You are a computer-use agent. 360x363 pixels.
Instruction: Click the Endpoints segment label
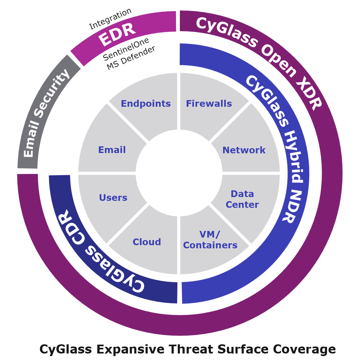click(x=146, y=104)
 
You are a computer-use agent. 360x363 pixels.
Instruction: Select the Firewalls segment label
click(x=209, y=104)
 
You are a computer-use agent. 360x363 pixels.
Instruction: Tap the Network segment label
click(x=244, y=150)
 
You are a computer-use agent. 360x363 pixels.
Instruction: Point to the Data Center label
click(x=242, y=199)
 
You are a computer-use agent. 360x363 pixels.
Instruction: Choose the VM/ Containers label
click(x=210, y=240)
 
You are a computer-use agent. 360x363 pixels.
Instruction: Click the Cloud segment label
click(x=147, y=242)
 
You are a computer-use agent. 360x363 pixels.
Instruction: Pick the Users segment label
click(x=113, y=198)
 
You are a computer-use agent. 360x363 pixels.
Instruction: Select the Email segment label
click(x=112, y=150)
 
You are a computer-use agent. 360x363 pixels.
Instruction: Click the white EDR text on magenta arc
click(x=117, y=34)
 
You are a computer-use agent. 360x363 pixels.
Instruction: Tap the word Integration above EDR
click(x=110, y=19)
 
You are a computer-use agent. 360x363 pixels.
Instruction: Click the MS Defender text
click(x=131, y=58)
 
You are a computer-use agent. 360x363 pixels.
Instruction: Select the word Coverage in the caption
click(x=305, y=349)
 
